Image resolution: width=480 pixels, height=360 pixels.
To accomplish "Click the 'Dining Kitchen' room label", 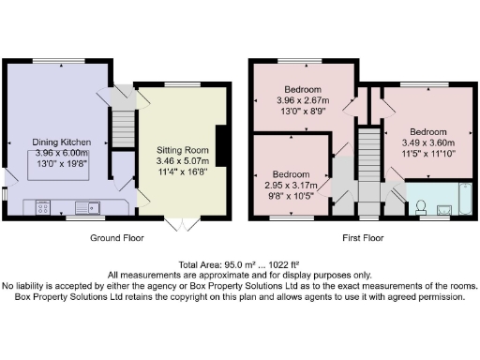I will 61,142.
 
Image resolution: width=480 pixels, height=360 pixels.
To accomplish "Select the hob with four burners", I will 43,207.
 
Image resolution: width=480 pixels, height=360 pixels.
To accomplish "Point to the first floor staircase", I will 368,159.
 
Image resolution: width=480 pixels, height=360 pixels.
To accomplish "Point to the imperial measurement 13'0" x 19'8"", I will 61,164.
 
